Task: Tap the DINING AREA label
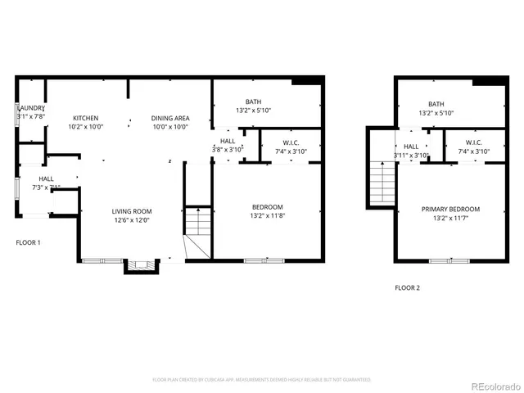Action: [169, 118]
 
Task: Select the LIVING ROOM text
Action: [133, 211]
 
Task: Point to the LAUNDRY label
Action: [31, 108]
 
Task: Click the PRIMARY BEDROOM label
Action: [450, 209]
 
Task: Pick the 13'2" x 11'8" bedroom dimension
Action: [267, 215]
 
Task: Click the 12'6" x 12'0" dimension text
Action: [133, 219]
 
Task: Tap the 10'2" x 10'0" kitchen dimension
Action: [85, 127]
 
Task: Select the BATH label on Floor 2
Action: [436, 104]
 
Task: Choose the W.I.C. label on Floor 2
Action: [474, 142]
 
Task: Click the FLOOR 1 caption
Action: [28, 242]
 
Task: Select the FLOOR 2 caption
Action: [407, 287]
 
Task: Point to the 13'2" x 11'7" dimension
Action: [450, 218]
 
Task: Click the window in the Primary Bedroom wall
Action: [449, 261]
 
